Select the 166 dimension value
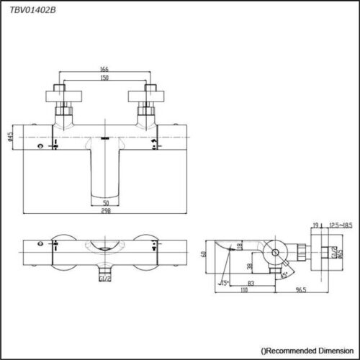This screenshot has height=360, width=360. [105, 70]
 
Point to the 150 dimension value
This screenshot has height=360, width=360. [105, 78]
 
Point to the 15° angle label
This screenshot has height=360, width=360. [225, 282]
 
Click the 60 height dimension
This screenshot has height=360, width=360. [204, 253]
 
